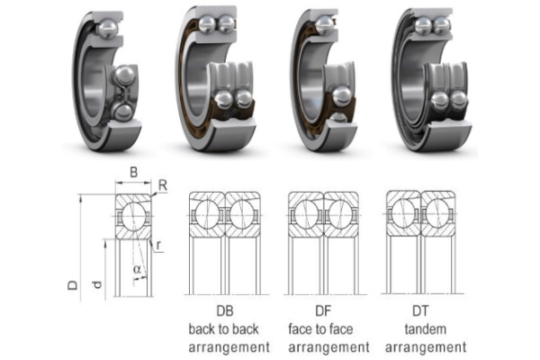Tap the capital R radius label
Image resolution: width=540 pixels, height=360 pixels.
(162, 186)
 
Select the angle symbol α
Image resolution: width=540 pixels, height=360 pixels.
(136, 269)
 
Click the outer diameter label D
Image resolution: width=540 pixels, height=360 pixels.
(72, 285)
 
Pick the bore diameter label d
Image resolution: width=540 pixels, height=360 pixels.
(96, 285)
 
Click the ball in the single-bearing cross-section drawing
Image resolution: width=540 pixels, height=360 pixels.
(134, 216)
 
